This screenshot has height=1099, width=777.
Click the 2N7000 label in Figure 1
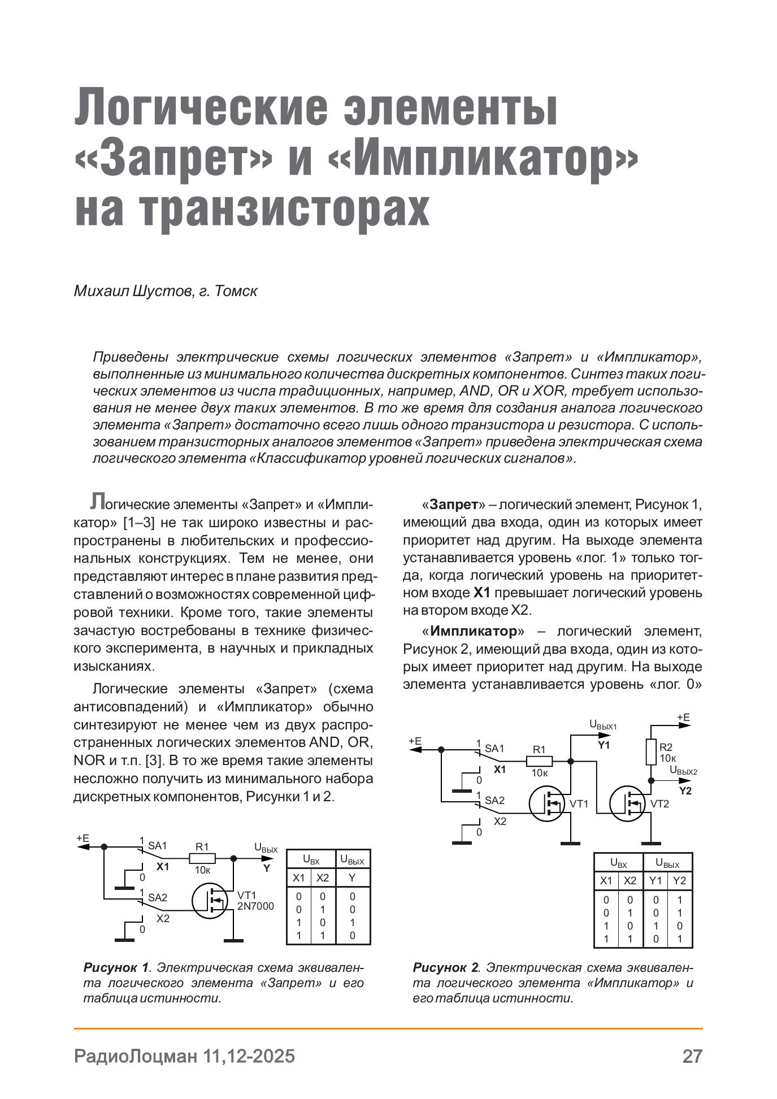(255, 906)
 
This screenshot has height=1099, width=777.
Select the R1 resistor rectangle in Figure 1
(202, 858)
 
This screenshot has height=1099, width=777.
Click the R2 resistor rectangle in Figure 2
(650, 752)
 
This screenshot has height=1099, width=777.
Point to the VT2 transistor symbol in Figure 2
(628, 803)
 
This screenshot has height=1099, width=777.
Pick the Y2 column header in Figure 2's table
(679, 880)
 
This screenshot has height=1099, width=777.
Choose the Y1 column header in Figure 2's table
(656, 880)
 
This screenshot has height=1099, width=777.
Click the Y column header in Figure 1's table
(352, 878)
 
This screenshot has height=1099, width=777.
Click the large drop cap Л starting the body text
(97, 501)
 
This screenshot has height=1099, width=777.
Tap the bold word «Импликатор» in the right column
(473, 631)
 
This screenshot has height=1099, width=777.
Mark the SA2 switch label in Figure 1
(158, 897)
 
